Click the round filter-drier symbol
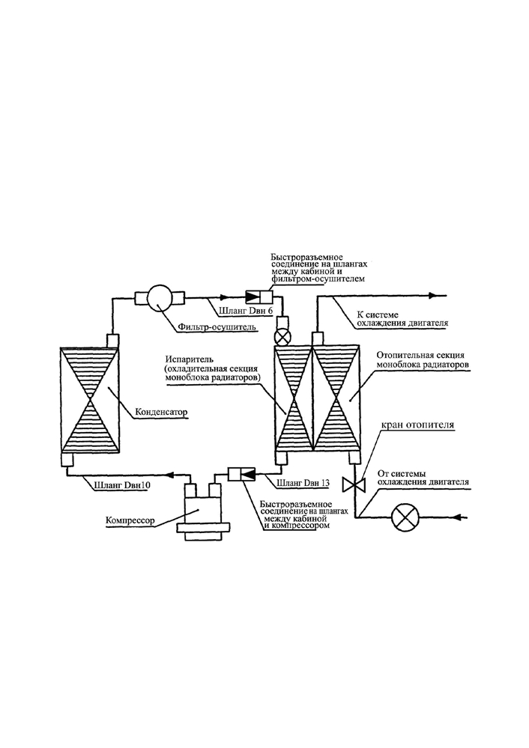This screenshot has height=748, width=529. pos(160,299)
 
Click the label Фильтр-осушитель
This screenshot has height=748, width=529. pos(217,326)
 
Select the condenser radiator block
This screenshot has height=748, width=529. pos(90,400)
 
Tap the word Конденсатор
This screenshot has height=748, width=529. pos(161,412)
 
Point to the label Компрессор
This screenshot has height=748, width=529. pos(130,520)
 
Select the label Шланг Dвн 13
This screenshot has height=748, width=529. pos(303,483)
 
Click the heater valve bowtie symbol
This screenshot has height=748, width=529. pos(354,484)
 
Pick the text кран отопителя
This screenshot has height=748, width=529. pos(417,425)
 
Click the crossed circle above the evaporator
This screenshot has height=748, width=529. pos(282,337)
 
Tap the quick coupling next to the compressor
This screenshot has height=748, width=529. pos(241,474)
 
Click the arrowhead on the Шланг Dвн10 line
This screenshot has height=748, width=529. pos(169,475)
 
